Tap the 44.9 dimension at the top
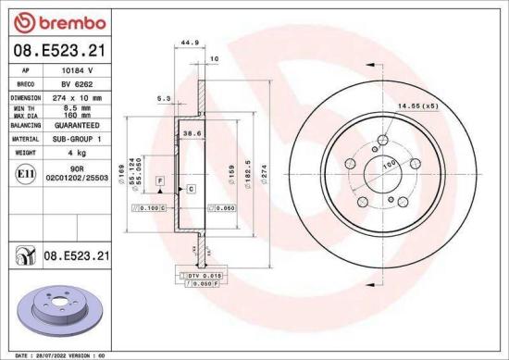(x=191, y=43)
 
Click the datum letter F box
(x=160, y=178)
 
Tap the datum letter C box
(x=190, y=189)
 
